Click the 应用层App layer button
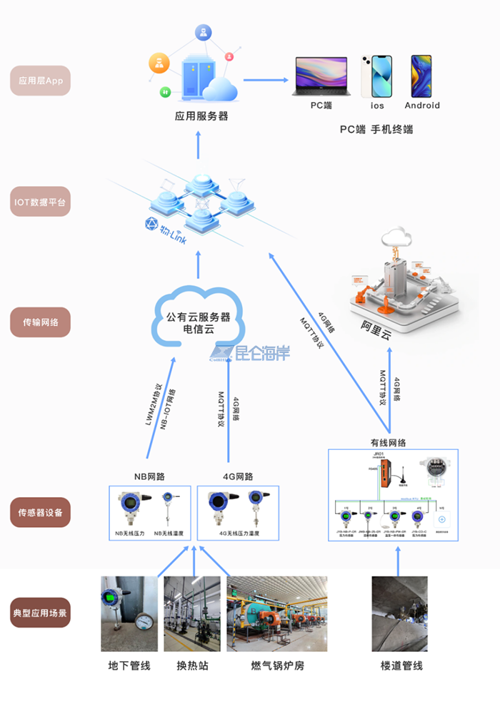click(x=41, y=81)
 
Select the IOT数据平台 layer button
click(x=41, y=202)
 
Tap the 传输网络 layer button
click(x=41, y=322)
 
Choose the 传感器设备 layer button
click(x=41, y=512)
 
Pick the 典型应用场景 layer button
click(x=41, y=612)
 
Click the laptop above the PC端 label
click(x=321, y=77)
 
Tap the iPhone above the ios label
click(x=376, y=76)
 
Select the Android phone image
click(x=421, y=76)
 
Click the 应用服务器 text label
click(x=201, y=116)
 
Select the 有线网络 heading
click(x=388, y=442)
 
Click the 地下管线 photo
click(x=129, y=614)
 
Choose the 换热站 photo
click(x=192, y=614)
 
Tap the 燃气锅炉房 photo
click(x=277, y=614)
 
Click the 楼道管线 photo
click(x=399, y=614)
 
